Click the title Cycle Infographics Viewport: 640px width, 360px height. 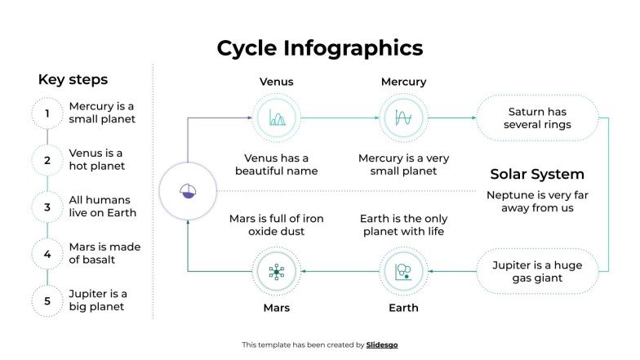pos(319,48)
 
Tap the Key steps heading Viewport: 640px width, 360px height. pos(73,80)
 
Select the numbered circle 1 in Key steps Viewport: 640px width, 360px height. pos(47,113)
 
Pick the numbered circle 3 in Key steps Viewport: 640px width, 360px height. pos(47,207)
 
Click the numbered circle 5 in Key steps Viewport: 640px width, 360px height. pos(47,300)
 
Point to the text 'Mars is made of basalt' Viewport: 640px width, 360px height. pos(104,253)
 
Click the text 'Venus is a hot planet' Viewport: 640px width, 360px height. pos(96,160)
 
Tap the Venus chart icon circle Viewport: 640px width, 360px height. pos(276,118)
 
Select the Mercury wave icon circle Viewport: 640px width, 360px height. pos(403,118)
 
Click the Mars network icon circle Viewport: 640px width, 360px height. pos(276,272)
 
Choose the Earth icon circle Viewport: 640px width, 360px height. pos(403,272)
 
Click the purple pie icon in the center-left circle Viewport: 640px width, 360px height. pos(188,191)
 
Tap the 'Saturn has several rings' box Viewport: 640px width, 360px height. pos(538,118)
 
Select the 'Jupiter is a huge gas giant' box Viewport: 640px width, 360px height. pos(538,272)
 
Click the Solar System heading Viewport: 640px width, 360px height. pos(537,175)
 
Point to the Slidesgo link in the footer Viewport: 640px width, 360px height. pos(382,345)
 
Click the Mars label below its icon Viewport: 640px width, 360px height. pos(276,308)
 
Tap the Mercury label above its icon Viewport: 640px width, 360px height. pos(403,82)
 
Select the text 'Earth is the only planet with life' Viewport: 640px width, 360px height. pos(403,224)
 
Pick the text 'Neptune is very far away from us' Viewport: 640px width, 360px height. pos(537,202)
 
